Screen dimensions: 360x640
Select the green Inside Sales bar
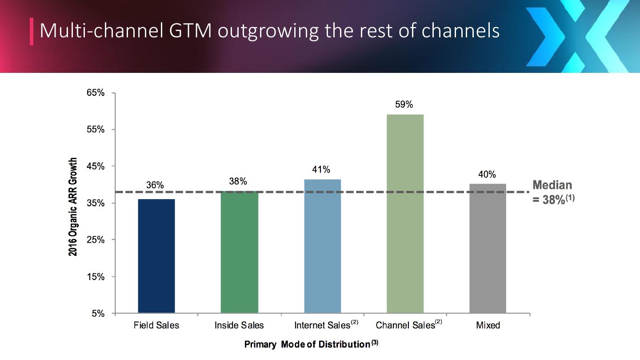point(239,252)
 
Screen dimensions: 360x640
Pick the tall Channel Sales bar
point(405,213)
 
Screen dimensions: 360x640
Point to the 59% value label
point(404,105)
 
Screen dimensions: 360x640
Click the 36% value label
point(155,185)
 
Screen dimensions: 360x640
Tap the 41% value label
point(321,170)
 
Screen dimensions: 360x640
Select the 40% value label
point(487,175)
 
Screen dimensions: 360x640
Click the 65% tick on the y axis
point(96,93)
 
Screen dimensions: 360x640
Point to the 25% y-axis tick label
point(96,240)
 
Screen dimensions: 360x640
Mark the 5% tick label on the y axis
point(98,314)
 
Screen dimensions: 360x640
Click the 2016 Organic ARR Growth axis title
point(73,207)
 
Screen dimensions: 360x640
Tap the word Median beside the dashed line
point(552,185)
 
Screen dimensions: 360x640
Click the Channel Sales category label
point(405,325)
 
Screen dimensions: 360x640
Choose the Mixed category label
point(488,325)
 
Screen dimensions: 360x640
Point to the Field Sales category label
point(156,325)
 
